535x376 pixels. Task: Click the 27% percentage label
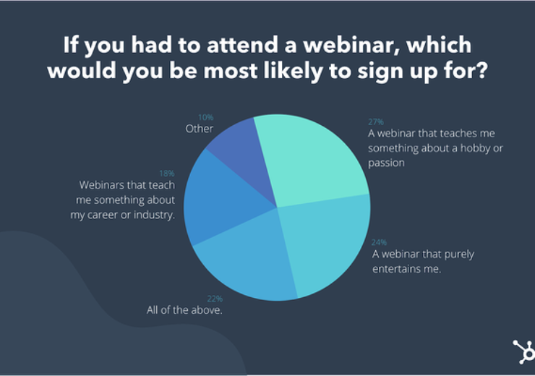pos(376,121)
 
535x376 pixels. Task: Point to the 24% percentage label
pos(379,242)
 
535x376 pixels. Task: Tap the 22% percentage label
pos(215,299)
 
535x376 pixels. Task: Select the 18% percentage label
pos(167,174)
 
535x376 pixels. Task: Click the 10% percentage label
pos(206,117)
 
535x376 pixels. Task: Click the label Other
pos(200,129)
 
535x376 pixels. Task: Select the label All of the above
pos(184,309)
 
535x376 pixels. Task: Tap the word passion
pos(386,163)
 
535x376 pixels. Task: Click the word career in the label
pos(103,215)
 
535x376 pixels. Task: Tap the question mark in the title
pos(482,71)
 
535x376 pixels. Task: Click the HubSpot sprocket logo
pos(524,351)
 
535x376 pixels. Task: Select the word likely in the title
pos(293,72)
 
